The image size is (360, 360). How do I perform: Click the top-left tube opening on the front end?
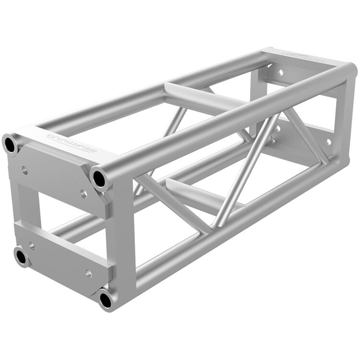coord(11,143)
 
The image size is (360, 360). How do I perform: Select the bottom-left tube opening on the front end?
coord(21,257)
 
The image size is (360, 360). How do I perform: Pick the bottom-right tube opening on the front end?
coord(106,300)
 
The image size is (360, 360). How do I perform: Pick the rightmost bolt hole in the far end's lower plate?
coord(329,142)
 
